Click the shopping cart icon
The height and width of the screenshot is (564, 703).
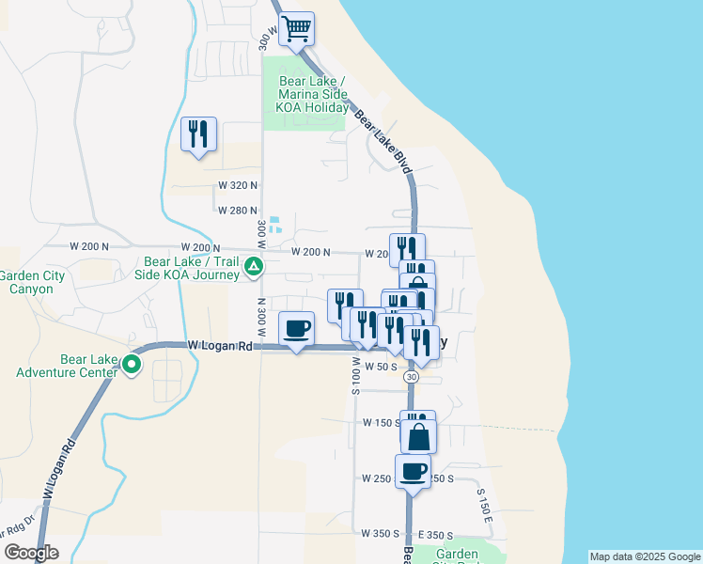[296, 29]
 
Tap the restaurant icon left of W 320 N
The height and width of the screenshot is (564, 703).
[198, 134]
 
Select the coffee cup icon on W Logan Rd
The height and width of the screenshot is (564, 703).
[297, 329]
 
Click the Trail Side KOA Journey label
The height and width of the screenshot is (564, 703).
[192, 269]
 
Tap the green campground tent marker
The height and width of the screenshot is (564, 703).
[253, 269]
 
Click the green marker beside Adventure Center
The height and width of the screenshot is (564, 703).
[133, 365]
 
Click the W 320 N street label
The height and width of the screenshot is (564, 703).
[237, 185]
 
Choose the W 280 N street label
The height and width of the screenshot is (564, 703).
[237, 211]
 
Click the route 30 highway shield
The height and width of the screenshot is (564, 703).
[412, 376]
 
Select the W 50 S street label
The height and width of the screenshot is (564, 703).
[382, 366]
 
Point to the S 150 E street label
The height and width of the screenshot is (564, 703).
[484, 505]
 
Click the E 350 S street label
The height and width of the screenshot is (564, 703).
[436, 534]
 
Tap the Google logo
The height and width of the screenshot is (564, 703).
[31, 553]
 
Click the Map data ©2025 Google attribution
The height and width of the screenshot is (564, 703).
[645, 556]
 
